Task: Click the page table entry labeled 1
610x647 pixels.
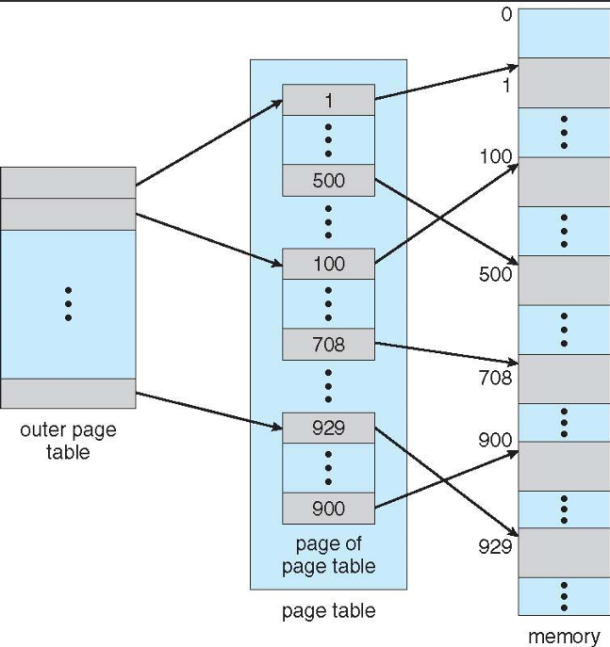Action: (x=328, y=100)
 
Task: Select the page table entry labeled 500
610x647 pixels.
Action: (x=328, y=181)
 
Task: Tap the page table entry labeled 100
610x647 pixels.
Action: (x=328, y=264)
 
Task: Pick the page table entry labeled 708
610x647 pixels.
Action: (x=328, y=345)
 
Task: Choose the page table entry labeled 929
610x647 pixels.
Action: (x=328, y=428)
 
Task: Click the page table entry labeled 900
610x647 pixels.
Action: (x=328, y=509)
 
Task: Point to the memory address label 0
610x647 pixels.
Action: (x=506, y=14)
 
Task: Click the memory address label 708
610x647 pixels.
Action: (x=495, y=378)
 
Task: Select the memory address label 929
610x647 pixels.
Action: (x=495, y=545)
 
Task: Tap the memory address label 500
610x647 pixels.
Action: (x=495, y=274)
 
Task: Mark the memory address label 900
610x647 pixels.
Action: (x=495, y=440)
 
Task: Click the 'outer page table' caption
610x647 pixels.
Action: (x=68, y=441)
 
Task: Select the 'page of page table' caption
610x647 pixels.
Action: (x=328, y=555)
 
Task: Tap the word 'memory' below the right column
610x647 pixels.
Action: (x=563, y=636)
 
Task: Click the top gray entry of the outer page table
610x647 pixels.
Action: (x=68, y=183)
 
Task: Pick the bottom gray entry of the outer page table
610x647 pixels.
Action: (x=68, y=393)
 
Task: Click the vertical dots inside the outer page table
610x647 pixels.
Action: (x=68, y=304)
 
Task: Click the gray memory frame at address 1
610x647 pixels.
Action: (x=564, y=83)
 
